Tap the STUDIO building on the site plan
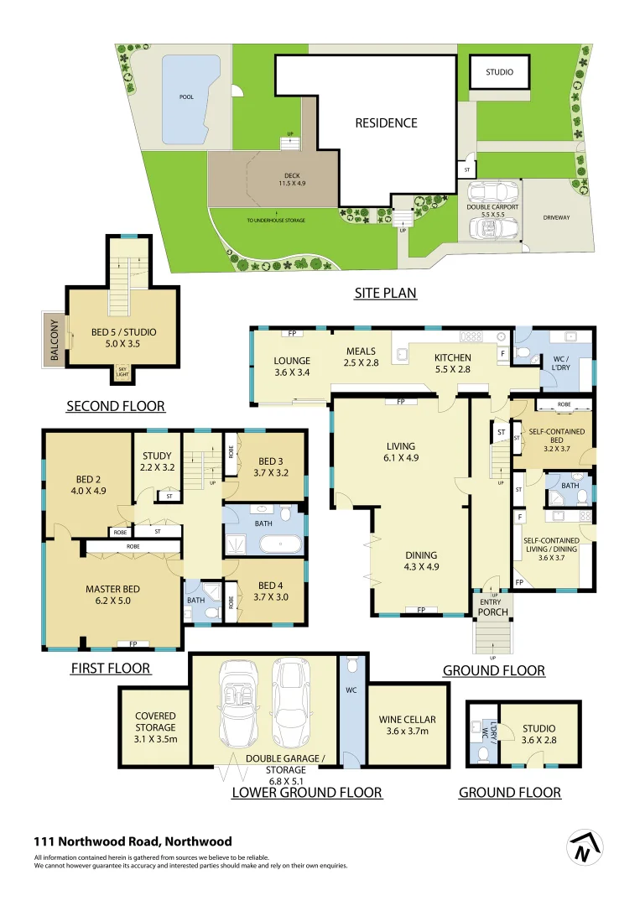coord(499,73)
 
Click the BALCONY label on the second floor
coord(55,340)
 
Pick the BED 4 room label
coord(271,591)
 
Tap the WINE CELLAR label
coord(408,725)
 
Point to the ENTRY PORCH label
coord(492,607)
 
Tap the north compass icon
coord(585,849)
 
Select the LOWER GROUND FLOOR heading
coord(306,792)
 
